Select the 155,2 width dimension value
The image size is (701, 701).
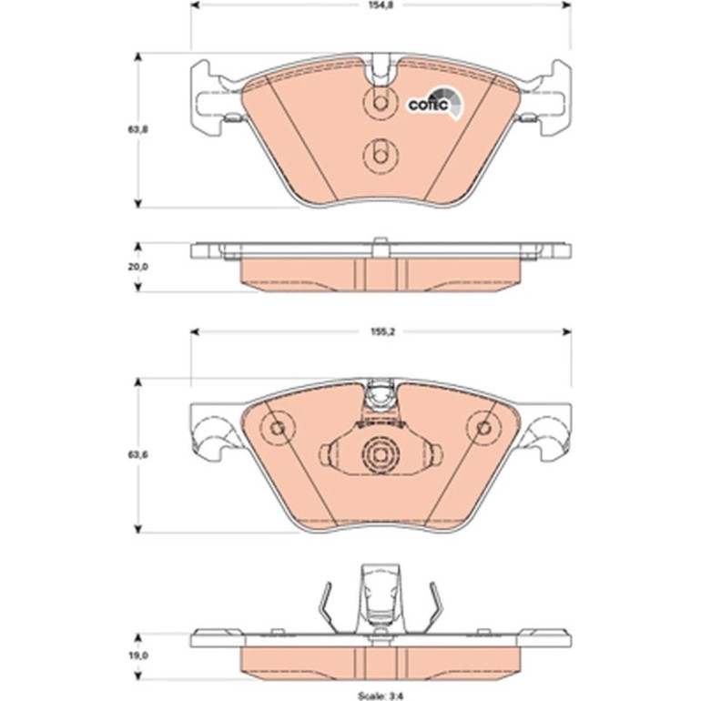point(380,331)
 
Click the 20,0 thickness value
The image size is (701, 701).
point(137,267)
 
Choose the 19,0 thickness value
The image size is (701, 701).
point(137,655)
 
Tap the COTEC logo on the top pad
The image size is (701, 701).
point(435,104)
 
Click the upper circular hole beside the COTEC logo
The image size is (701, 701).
point(380,103)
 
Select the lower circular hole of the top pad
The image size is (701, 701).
point(380,156)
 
